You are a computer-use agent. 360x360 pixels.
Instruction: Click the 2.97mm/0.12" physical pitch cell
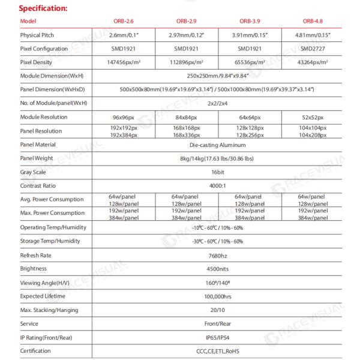pyautogui.click(x=187, y=35)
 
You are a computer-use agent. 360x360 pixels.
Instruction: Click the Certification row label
pyautogui.click(x=35, y=351)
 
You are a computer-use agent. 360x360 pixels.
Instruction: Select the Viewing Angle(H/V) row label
pyautogui.click(x=44, y=283)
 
